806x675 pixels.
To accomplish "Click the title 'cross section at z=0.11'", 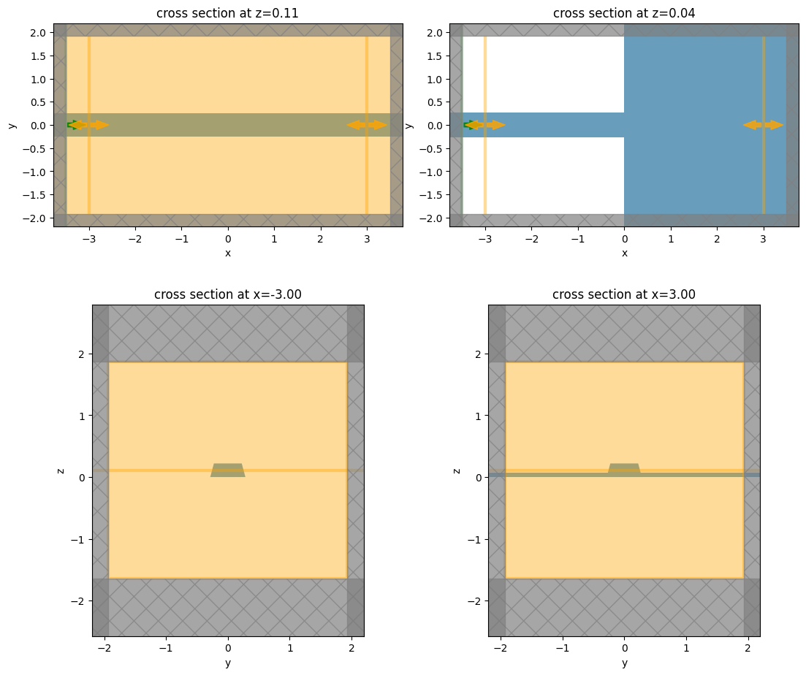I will (227, 13).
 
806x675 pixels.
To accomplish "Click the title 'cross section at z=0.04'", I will (624, 13).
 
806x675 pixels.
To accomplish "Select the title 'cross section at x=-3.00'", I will (227, 294).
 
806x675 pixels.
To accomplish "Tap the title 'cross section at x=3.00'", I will (624, 294).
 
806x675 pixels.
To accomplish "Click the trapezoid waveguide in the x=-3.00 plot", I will (228, 470).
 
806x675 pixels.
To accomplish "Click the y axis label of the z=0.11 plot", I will (12, 125).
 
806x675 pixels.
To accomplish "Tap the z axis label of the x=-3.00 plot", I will (61, 470).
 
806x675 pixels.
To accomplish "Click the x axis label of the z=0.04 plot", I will (624, 253).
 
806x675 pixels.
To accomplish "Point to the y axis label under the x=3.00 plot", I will (624, 663).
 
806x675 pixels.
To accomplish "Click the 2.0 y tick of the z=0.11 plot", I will (38, 32).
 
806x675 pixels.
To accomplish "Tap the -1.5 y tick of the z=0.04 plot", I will (431, 195).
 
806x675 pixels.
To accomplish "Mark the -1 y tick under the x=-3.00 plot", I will (167, 648).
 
